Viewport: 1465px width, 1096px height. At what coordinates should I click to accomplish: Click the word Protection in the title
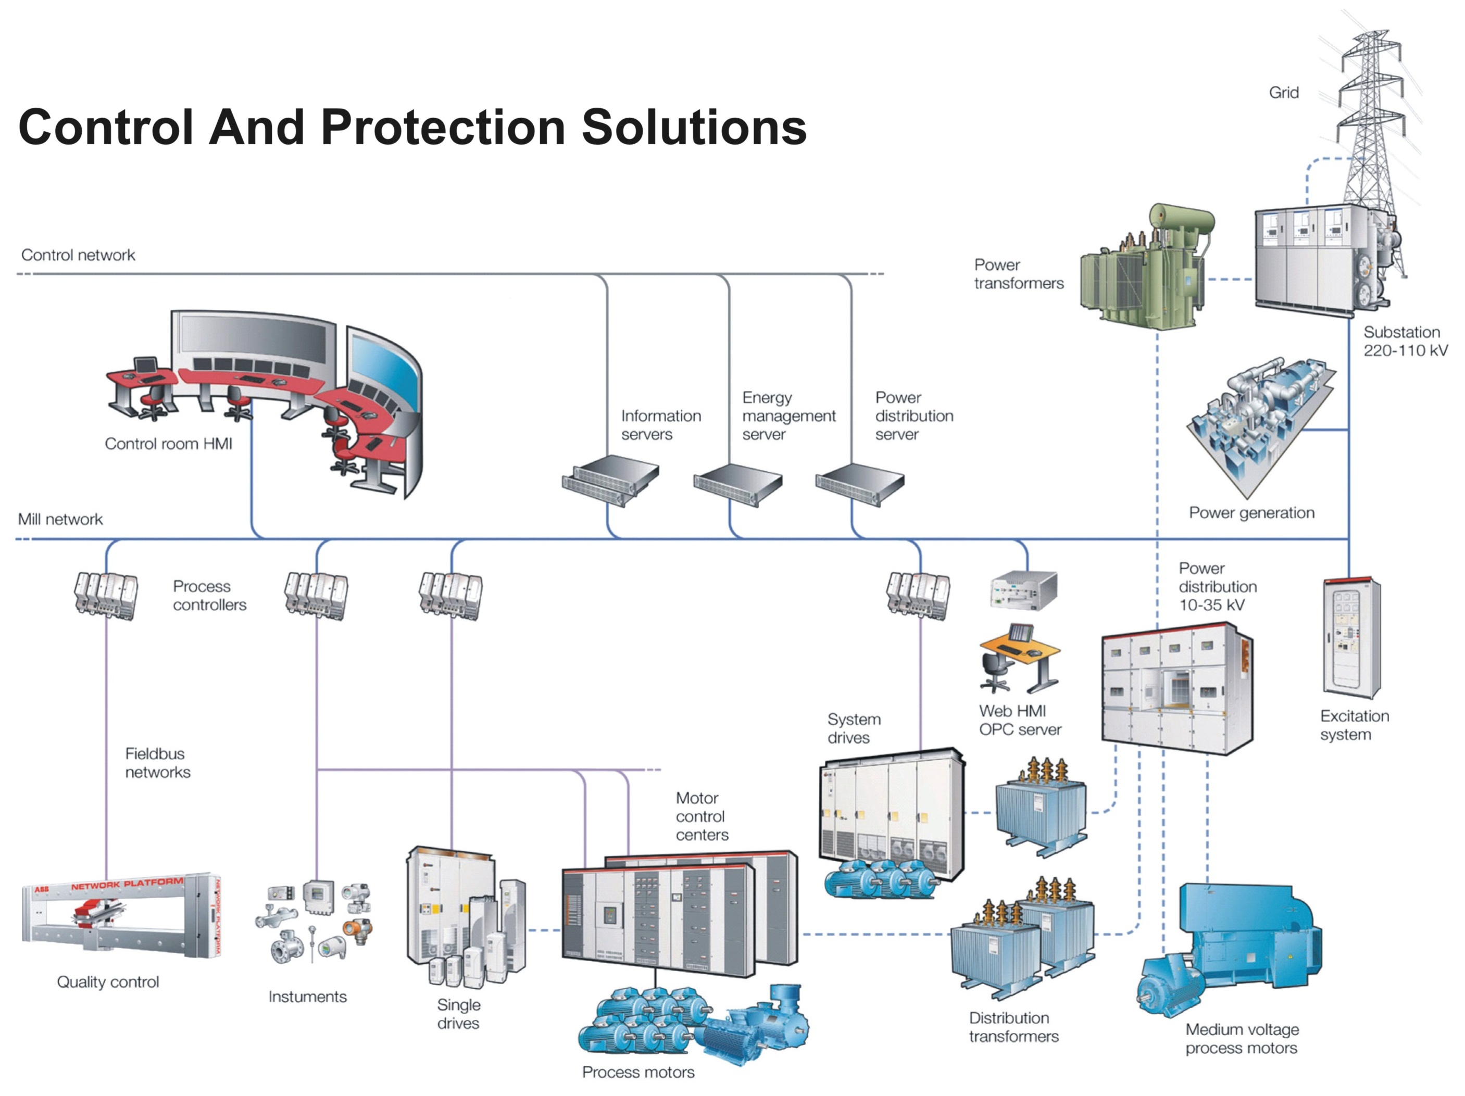point(442,127)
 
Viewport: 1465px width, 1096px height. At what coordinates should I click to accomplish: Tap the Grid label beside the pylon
point(1283,93)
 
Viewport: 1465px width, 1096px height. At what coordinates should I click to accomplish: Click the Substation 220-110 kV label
point(1405,342)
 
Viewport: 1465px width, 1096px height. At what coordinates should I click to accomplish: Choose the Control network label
point(78,255)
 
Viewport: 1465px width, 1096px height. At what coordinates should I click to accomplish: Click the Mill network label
point(60,519)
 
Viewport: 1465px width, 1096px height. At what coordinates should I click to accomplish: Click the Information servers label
point(660,425)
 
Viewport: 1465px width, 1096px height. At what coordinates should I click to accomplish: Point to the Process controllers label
point(209,596)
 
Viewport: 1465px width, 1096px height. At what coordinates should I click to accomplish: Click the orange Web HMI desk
point(1020,652)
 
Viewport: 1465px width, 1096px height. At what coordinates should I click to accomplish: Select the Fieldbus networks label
point(158,763)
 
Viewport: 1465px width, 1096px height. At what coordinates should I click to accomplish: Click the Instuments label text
point(307,997)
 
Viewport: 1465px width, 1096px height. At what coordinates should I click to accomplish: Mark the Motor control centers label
point(702,816)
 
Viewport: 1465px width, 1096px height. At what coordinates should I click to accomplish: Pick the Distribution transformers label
point(1013,1027)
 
